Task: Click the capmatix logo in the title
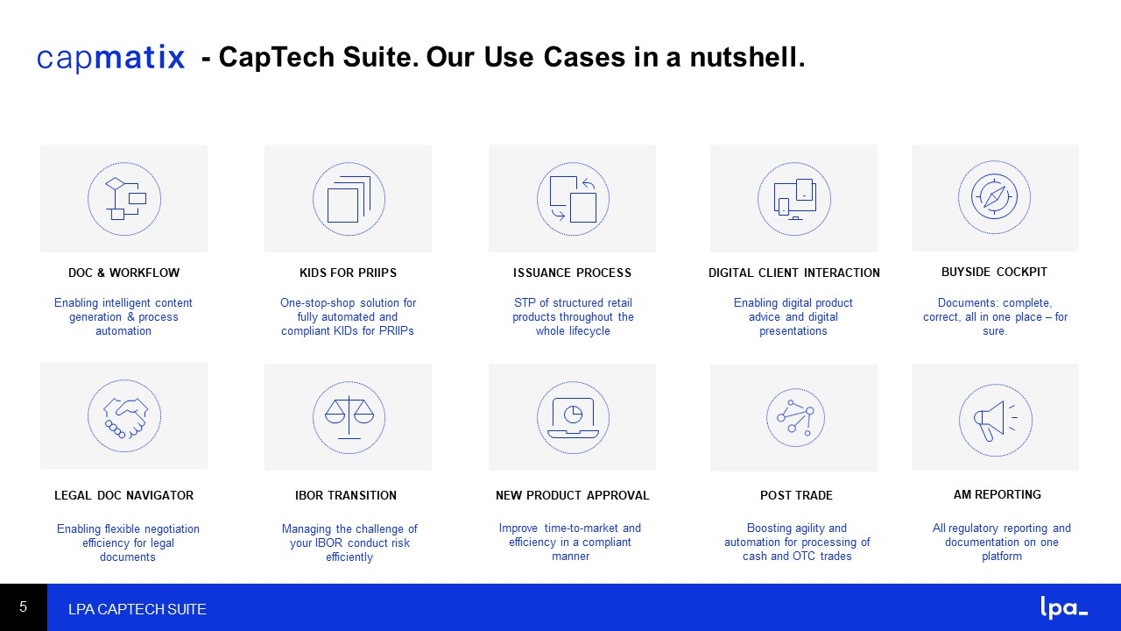point(110,58)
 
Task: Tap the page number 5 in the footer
point(23,607)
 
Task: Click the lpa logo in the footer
point(1064,607)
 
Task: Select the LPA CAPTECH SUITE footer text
point(137,609)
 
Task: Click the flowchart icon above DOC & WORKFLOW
point(124,199)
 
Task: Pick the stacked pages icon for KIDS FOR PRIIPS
point(349,199)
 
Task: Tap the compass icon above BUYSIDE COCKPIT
point(994,197)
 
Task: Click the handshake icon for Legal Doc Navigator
point(124,416)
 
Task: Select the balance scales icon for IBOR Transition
point(349,417)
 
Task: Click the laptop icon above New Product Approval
point(573,417)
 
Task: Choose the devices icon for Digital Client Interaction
point(794,199)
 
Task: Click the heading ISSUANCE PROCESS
point(572,273)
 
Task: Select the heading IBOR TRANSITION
point(346,495)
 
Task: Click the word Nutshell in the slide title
point(748,57)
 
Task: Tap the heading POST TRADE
point(796,495)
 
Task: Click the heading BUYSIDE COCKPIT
point(994,272)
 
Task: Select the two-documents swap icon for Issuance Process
point(573,199)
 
